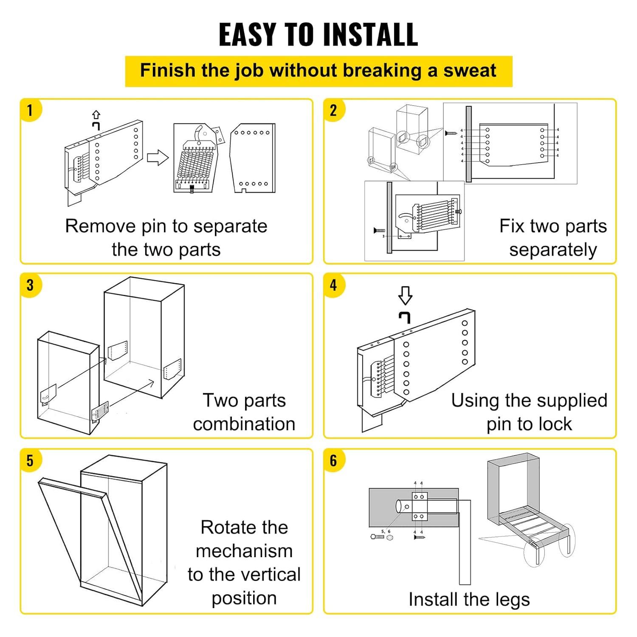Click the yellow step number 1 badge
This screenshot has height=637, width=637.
(30, 110)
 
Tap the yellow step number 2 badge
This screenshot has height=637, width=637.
(333, 110)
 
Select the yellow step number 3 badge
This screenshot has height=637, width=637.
(30, 285)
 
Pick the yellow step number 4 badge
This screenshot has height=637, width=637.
(333, 285)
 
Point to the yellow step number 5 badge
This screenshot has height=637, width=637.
(30, 460)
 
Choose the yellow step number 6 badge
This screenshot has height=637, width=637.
(333, 460)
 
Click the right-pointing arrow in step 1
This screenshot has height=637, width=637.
(158, 158)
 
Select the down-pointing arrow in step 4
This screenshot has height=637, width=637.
(405, 295)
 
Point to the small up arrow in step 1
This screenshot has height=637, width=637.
(96, 115)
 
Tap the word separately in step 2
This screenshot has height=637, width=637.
(553, 250)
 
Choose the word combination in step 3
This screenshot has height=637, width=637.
(244, 424)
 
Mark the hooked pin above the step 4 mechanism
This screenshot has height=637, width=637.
(405, 317)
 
